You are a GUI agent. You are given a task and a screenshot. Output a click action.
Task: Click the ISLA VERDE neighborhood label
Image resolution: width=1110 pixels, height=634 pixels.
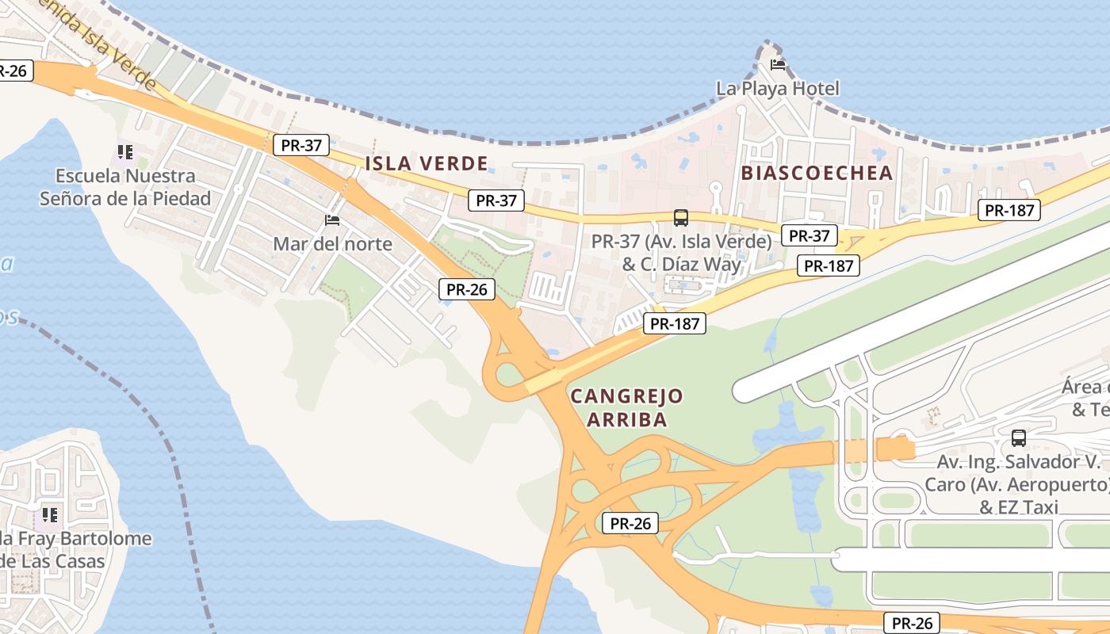tap(427, 164)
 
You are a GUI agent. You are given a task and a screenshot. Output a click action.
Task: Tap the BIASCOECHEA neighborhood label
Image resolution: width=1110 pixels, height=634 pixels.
tap(817, 173)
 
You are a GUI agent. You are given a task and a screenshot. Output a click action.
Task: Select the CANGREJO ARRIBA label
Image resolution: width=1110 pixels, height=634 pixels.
tap(626, 407)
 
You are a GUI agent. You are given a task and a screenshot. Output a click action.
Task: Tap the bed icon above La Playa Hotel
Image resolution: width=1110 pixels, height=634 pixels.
tap(778, 64)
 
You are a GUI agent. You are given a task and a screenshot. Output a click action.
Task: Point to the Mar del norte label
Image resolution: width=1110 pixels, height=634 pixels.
tap(332, 243)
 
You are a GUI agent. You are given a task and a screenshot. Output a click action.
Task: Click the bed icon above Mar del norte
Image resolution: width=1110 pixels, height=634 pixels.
tap(332, 220)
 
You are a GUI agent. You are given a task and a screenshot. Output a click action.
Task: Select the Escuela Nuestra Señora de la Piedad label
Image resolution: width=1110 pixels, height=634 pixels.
tap(125, 187)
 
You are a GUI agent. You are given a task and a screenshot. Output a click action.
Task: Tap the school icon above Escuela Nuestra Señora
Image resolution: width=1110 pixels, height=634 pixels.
tap(124, 151)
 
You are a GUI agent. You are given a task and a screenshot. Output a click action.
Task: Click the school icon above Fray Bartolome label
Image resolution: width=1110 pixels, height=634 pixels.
tap(50, 514)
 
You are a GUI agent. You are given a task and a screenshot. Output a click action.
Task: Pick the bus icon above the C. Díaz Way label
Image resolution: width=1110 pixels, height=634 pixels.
tap(680, 217)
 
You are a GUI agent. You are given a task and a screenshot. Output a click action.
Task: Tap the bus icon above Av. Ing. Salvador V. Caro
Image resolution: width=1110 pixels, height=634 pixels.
tap(1019, 437)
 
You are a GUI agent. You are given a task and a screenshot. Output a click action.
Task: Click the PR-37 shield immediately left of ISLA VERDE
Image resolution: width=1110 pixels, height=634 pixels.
tap(300, 145)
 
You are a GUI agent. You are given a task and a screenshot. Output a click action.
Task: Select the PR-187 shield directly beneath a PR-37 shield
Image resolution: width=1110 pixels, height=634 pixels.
tap(829, 266)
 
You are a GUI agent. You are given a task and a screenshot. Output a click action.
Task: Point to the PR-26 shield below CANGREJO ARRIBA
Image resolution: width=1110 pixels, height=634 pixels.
tap(630, 523)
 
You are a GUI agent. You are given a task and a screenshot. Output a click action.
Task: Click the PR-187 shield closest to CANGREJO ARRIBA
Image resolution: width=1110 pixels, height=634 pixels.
tap(674, 323)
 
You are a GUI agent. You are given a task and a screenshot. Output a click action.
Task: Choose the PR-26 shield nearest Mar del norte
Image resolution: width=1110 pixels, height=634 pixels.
tap(467, 289)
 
